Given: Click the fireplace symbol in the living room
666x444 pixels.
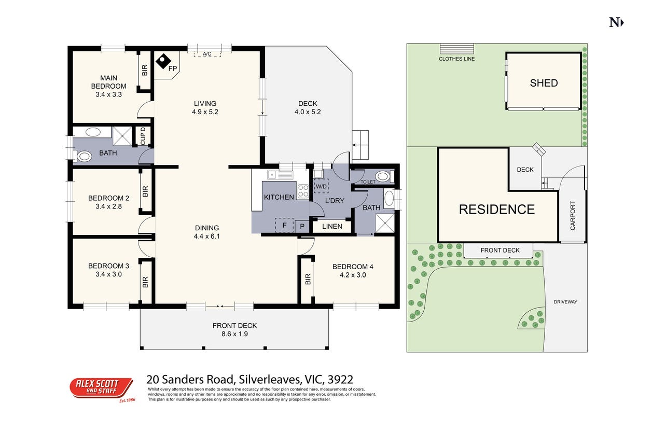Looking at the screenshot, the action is coord(163,61).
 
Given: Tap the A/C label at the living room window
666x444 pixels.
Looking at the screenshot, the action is coord(207,54).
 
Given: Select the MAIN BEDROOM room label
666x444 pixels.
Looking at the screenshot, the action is coord(108,82).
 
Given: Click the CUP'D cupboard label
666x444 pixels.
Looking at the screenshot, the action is coord(143,136).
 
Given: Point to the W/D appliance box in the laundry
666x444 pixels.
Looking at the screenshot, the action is coord(321,186).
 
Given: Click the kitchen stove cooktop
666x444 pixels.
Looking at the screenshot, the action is coord(303,191).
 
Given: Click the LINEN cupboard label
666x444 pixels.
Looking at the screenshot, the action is coord(332,226).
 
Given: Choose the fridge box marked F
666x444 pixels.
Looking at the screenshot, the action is coord(284,225).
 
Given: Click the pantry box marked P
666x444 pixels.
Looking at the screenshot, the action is coord(302,226).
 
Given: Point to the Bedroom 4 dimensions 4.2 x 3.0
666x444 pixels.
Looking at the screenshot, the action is coord(353,275).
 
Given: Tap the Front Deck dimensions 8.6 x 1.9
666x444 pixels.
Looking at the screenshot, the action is coord(234,334).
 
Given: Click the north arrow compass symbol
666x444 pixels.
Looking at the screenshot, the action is coord(616,23).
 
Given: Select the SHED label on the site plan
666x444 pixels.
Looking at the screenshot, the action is coord(544,83).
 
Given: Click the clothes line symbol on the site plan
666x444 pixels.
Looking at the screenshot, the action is coord(456,48).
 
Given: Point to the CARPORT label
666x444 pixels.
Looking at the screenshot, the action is coord(573,216).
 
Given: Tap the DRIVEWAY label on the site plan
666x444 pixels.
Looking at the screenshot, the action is coord(565,302).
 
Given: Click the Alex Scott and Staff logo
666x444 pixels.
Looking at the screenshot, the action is coord(102,388).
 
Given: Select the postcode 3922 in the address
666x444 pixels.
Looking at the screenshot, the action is coord(340,380).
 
